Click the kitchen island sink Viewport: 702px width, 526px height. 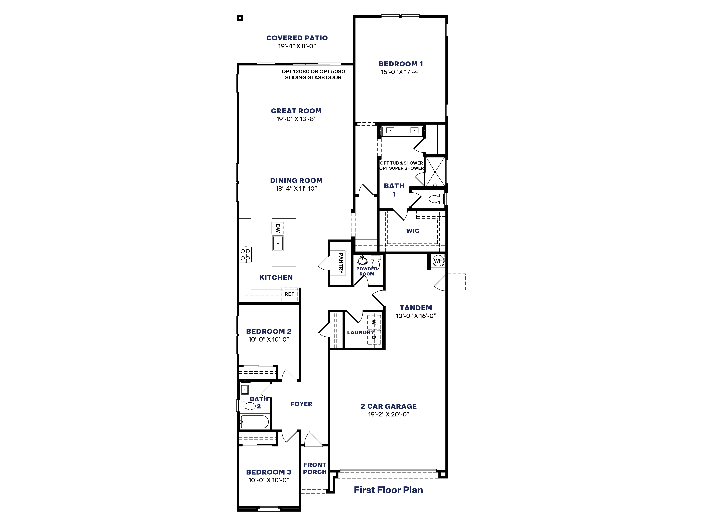278,243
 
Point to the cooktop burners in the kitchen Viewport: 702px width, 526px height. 245,255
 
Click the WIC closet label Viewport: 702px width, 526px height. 413,231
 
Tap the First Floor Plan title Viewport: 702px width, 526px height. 388,490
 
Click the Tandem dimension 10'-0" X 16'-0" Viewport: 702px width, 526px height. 416,316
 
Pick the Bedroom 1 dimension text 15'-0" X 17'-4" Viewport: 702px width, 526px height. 401,72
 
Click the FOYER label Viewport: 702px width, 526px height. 301,404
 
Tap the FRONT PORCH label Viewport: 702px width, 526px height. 314,468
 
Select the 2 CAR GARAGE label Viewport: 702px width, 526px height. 388,406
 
